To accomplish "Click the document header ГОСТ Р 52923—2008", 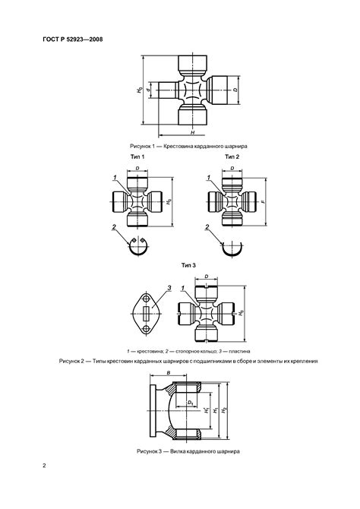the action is click(73, 40).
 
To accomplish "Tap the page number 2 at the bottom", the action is click(44, 466).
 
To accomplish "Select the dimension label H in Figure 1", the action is click(192, 132).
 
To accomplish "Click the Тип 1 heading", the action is click(137, 156).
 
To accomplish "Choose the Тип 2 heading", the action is click(232, 156).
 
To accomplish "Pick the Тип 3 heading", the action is click(188, 265).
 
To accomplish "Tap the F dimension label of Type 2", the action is click(263, 201).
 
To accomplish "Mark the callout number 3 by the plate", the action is click(169, 288).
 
